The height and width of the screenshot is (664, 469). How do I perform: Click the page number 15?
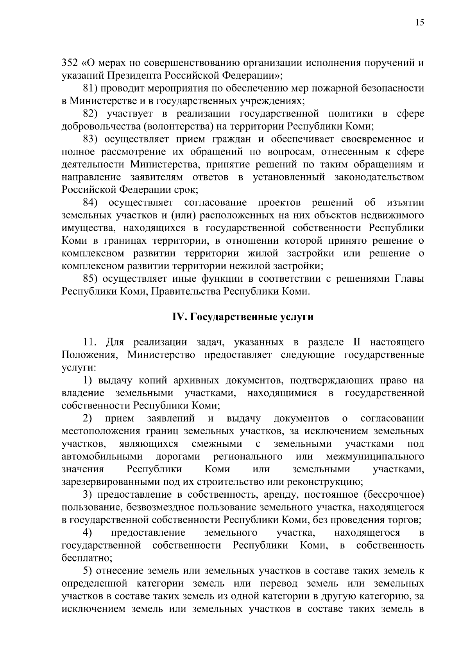point(419,23)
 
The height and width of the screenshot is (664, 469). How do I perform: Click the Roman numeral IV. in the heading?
point(180,317)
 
